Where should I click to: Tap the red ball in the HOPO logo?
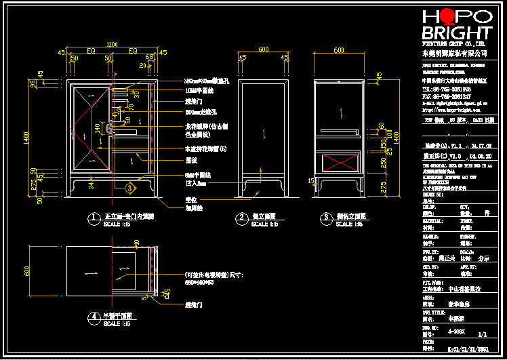445,17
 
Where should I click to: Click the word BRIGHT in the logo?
456,33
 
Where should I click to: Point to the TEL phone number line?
447,89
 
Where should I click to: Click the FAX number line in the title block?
447,96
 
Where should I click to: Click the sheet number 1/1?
482,334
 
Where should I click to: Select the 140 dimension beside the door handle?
98,127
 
